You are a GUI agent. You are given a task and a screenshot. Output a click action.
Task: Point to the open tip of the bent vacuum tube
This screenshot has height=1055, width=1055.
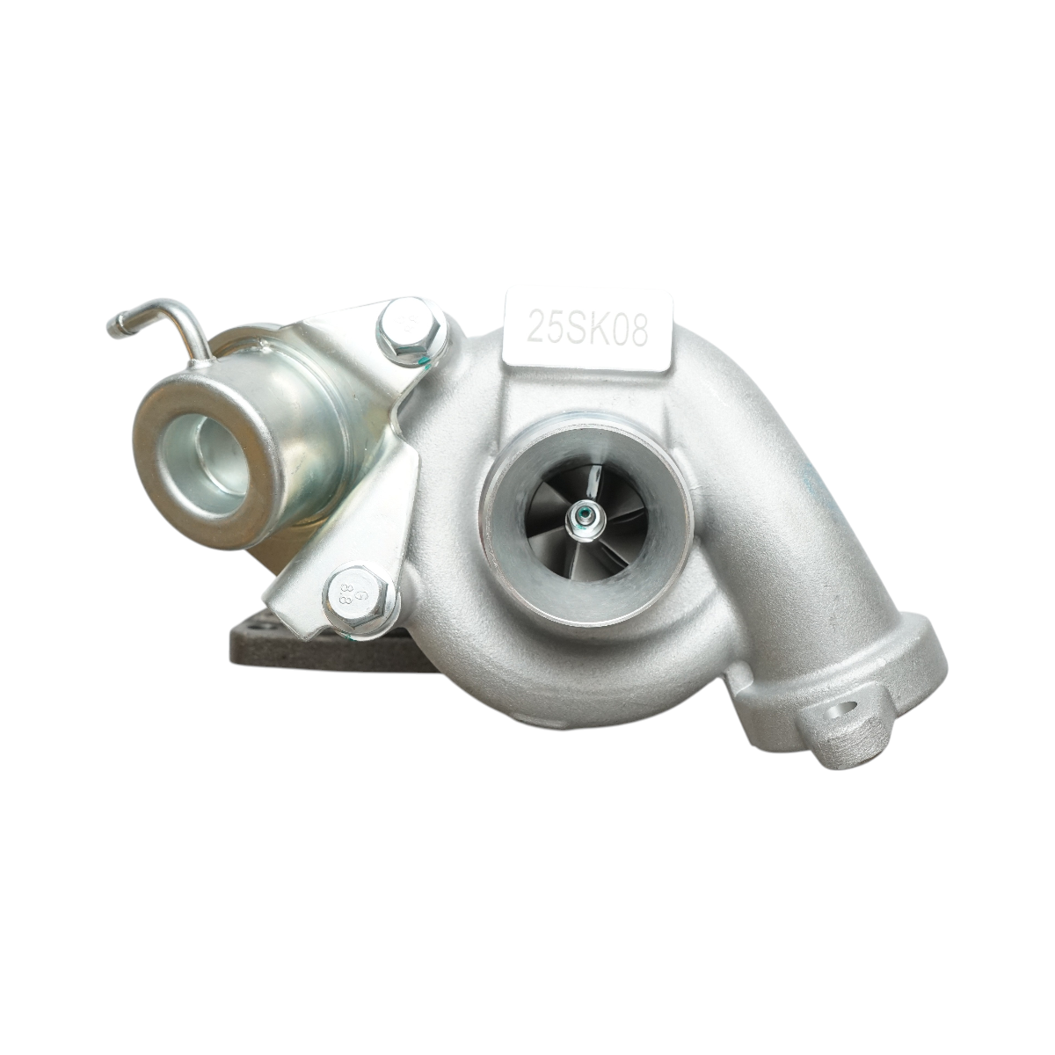pos(113,330)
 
